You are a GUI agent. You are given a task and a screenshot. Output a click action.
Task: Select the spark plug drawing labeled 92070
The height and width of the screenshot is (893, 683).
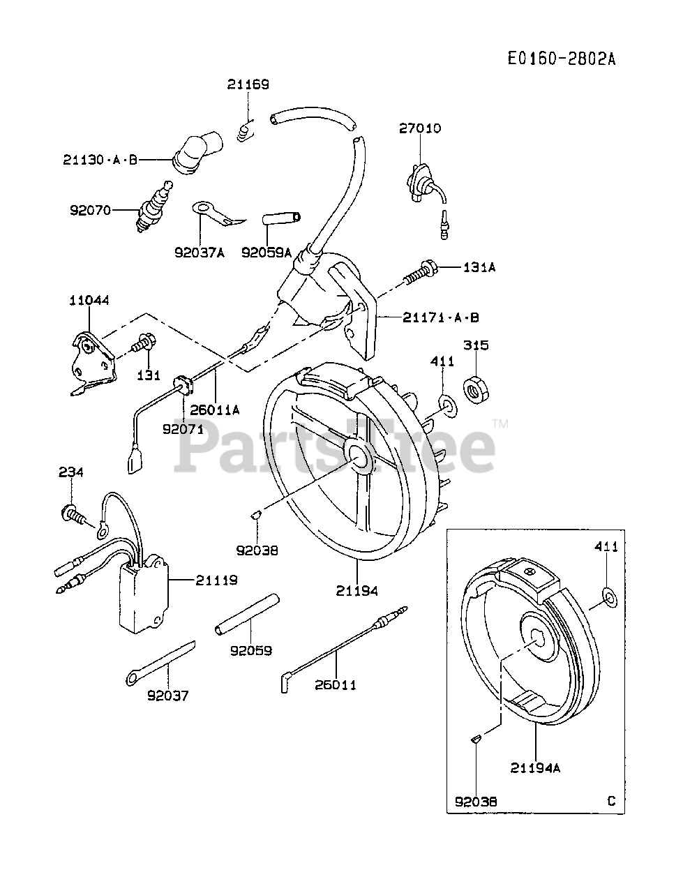point(156,205)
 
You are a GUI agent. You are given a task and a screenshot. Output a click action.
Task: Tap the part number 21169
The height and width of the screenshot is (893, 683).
point(247,84)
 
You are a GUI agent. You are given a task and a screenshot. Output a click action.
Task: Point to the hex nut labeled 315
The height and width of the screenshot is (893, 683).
point(478,391)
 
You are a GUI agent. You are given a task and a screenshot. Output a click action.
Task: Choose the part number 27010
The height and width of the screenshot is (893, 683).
point(420,128)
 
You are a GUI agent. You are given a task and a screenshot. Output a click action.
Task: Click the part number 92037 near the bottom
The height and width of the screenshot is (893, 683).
point(167,696)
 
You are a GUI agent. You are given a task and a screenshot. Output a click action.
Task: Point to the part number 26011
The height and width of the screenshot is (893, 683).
point(336,684)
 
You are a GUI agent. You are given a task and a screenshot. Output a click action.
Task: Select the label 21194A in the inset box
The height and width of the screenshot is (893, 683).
point(535,768)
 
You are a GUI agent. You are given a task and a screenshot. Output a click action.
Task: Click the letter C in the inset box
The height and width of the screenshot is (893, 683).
point(611,801)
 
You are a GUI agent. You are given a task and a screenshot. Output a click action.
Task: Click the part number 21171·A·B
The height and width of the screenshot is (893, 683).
point(440,317)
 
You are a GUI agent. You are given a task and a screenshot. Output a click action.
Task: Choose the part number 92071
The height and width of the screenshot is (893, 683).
point(183,429)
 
